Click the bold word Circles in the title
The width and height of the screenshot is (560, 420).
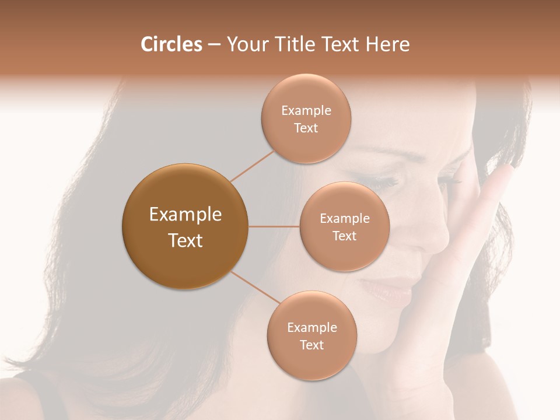171,44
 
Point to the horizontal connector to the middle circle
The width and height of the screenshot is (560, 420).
274,226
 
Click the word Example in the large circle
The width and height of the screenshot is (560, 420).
185,215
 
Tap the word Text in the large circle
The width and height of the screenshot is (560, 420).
185,240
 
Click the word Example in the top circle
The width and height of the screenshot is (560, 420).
306,111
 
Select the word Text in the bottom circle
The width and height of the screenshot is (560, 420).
311,345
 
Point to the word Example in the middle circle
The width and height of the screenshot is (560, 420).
345,219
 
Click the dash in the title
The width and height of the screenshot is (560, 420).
214,45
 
